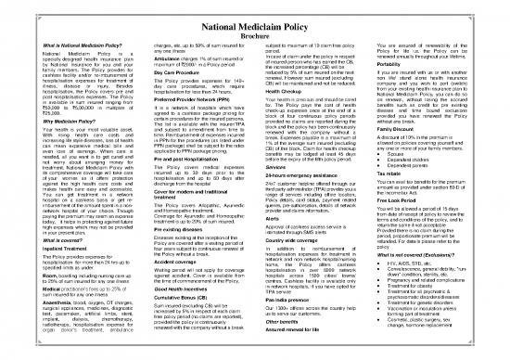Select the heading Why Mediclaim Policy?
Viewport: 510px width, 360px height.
click(42, 122)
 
